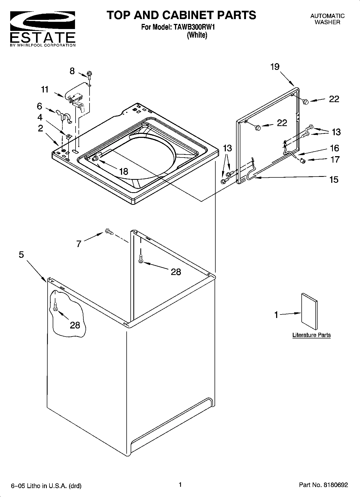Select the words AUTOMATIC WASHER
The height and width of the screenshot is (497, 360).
327,19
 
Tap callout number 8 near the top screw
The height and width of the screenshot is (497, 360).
72,71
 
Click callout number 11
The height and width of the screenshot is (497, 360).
45,90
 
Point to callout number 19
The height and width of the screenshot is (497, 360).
275,67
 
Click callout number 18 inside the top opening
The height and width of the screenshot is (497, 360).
124,171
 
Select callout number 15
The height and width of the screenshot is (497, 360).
334,179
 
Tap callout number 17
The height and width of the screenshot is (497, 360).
335,159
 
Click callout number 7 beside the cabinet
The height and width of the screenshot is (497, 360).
79,244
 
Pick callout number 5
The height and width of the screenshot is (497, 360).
22,254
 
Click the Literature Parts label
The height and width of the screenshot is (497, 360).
311,335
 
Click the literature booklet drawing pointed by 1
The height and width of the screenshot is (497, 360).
309,311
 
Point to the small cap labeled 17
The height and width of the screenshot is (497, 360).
303,161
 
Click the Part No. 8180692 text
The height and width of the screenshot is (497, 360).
323,485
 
